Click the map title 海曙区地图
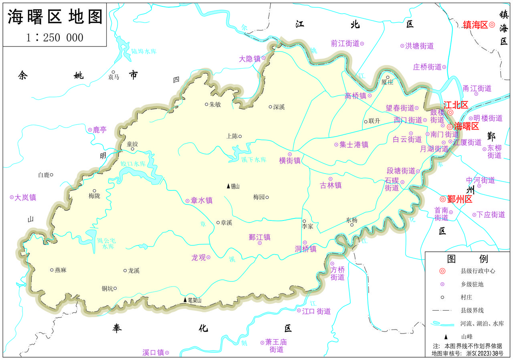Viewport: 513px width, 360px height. coord(55,17)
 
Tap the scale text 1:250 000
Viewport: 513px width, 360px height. coord(55,37)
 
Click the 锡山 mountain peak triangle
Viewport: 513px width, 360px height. coord(228,186)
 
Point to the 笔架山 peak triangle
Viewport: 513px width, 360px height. coord(185,300)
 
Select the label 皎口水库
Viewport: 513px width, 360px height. coord(133,164)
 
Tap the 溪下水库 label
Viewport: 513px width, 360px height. coord(254,160)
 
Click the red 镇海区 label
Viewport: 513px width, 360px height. coord(475,25)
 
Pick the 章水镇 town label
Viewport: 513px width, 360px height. coord(202,200)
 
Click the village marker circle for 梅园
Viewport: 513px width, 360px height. coord(267,197)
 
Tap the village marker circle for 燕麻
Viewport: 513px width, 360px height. coord(52,270)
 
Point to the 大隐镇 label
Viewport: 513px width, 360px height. coord(250,59)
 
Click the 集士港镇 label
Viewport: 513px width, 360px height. coord(354,145)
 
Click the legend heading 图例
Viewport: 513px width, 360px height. coord(467,259)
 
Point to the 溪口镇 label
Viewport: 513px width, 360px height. coord(153,353)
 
